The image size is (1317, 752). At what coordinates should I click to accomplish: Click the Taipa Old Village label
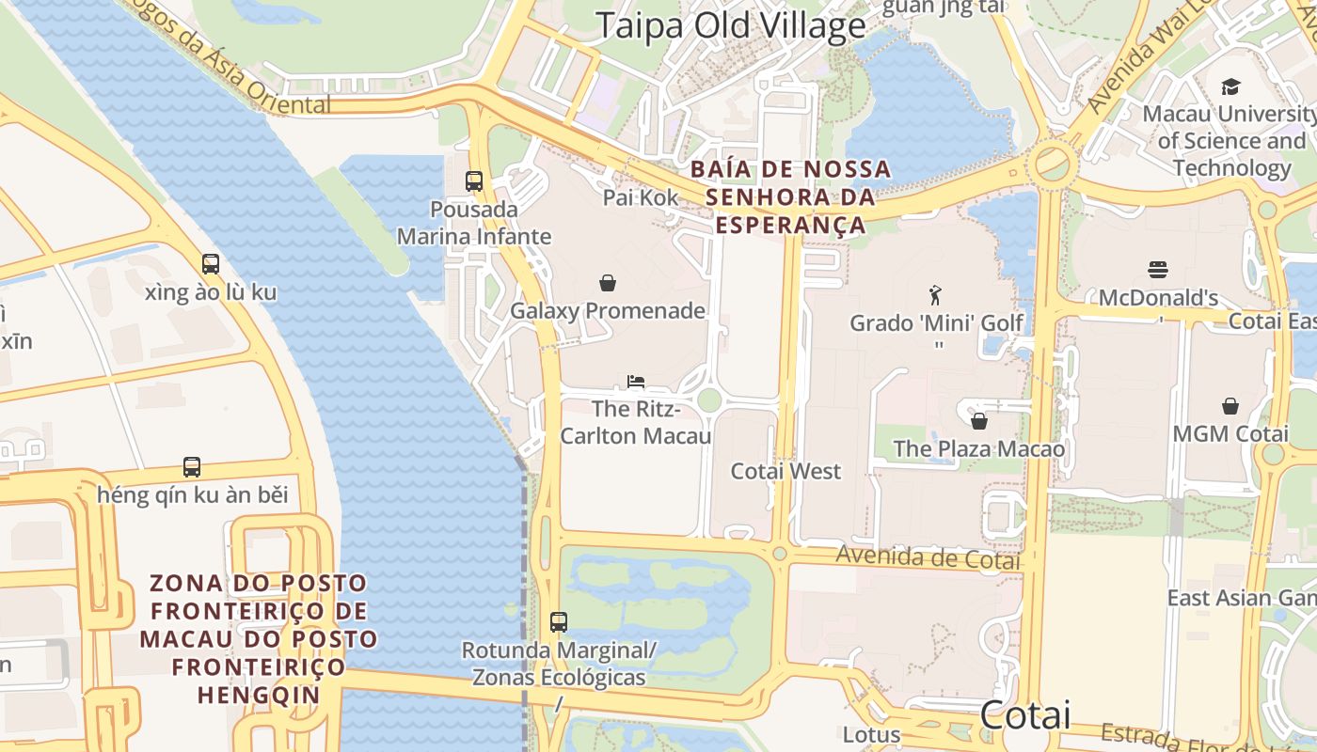[x=731, y=25]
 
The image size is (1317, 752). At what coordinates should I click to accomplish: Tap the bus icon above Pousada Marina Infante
[x=474, y=180]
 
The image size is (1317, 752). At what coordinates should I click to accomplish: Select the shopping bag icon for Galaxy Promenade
[x=608, y=282]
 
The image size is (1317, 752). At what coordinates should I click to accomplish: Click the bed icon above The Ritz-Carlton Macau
[x=636, y=382]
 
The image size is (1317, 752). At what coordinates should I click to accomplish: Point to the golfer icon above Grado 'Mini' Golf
[x=935, y=295]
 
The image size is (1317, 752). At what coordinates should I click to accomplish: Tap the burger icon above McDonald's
[x=1158, y=270]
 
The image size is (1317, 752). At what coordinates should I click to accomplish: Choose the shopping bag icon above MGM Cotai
[x=1230, y=406]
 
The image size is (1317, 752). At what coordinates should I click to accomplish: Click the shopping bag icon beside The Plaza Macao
[x=978, y=420]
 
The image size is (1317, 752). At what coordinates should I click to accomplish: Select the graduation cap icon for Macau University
[x=1230, y=87]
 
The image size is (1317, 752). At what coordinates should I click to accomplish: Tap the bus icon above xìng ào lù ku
[x=211, y=264]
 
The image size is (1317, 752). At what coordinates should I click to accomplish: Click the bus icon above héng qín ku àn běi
[x=192, y=466]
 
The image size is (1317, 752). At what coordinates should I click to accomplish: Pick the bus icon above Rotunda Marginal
[x=559, y=621]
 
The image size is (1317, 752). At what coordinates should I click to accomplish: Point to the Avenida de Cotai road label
[x=928, y=557]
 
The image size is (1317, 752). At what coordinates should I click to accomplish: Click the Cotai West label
[x=785, y=471]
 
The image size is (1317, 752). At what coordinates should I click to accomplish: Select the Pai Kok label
[x=641, y=197]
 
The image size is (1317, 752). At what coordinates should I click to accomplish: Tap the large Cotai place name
[x=1024, y=715]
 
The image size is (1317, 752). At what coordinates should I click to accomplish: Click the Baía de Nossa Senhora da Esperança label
[x=790, y=197]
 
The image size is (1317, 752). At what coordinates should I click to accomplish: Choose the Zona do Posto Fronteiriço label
[x=259, y=639]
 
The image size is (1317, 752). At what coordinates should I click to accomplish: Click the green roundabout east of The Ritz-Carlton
[x=709, y=400]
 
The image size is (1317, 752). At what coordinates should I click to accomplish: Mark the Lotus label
[x=871, y=734]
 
